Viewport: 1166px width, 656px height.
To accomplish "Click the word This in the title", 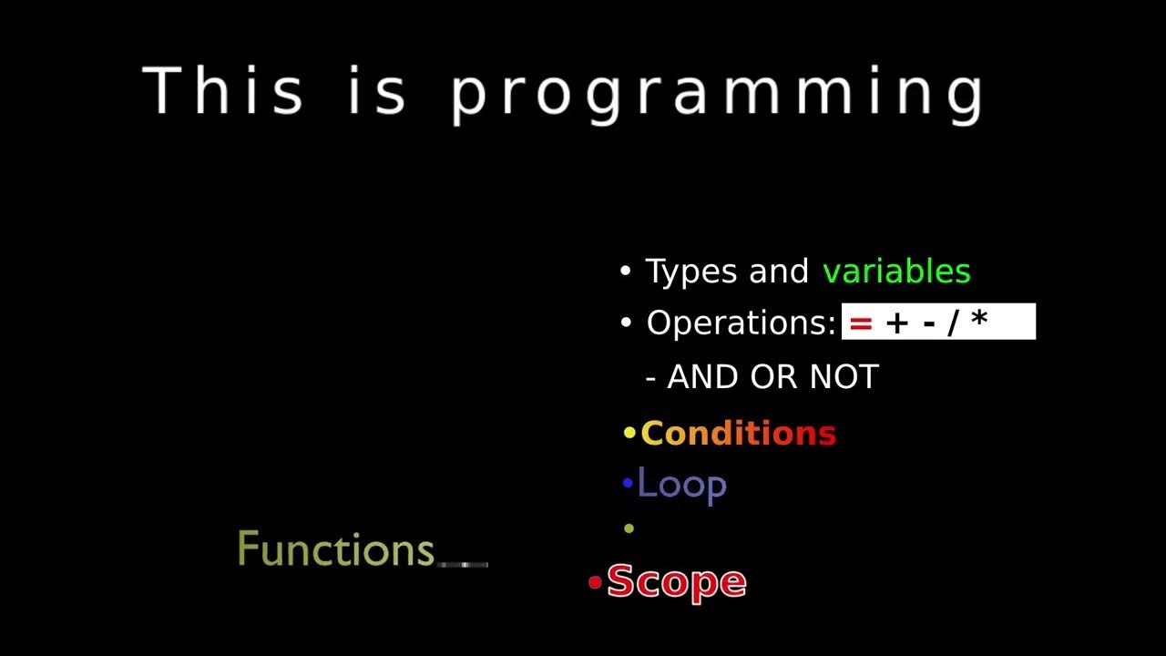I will [223, 91].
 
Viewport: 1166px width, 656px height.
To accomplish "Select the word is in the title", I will [376, 91].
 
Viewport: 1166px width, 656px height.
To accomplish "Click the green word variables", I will [896, 272].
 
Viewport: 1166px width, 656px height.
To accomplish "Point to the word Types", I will [692, 272].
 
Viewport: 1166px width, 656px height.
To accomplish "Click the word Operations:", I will [741, 323].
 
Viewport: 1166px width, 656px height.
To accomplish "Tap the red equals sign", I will [861, 323].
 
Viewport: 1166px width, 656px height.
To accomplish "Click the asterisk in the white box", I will [979, 321].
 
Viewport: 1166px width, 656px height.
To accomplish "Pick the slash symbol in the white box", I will [954, 323].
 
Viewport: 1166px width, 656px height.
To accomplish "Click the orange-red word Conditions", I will [738, 434].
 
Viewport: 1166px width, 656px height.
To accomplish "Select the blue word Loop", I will [681, 485].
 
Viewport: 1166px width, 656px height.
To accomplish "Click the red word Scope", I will [676, 581].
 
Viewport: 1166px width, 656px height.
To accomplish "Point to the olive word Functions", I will [336, 549].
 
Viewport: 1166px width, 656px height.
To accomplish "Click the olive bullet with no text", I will [629, 528].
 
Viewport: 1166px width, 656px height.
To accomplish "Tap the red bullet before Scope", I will [595, 582].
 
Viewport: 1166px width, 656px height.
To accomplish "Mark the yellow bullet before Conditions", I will [629, 434].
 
